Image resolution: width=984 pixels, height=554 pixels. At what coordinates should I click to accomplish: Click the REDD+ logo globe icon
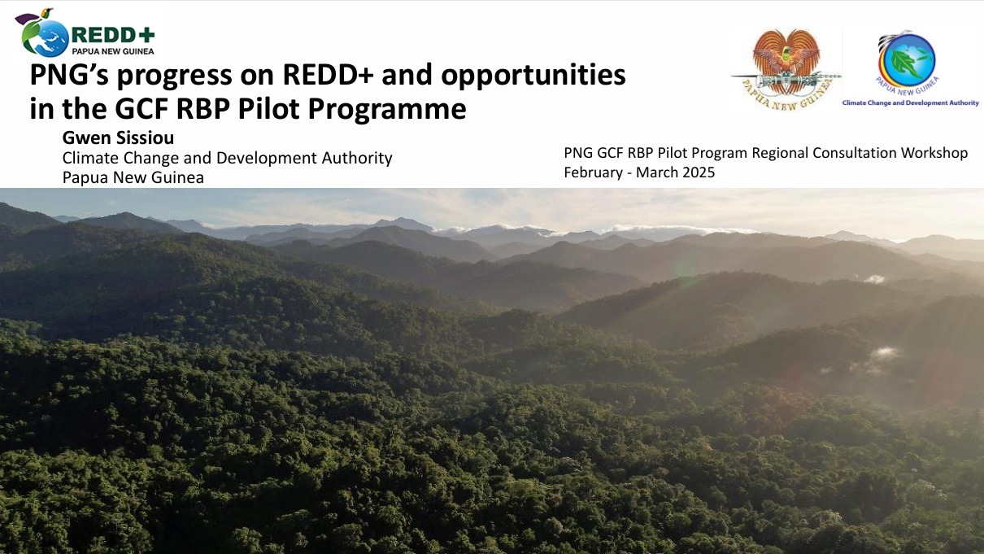[x=45, y=36]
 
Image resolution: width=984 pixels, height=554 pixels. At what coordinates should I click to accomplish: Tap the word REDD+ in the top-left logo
[x=113, y=35]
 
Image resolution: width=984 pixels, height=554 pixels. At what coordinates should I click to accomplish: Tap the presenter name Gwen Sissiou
[x=118, y=138]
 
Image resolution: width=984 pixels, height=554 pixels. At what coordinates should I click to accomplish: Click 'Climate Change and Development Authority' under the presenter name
[x=227, y=158]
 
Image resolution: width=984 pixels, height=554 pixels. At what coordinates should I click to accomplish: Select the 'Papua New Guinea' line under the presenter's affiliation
[x=133, y=177]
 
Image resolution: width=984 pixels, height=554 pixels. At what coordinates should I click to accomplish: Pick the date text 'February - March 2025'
[x=639, y=172]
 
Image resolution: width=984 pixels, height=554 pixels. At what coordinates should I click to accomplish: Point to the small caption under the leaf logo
[x=910, y=103]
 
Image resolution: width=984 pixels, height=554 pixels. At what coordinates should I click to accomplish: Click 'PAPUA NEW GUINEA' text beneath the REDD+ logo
[x=113, y=50]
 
